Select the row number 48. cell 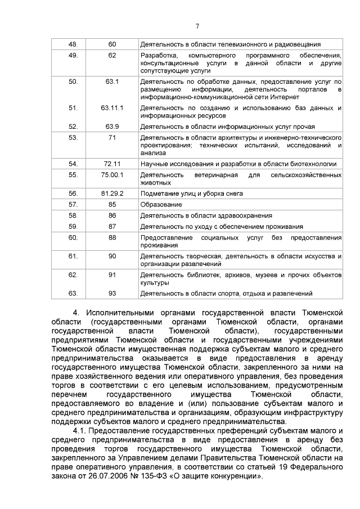pos(73,44)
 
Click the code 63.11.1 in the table pos(112,107)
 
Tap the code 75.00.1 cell pos(112,175)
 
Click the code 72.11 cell pos(112,164)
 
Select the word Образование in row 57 pos(160,204)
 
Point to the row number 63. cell pos(73,294)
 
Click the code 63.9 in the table pos(112,127)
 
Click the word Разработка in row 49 pos(159,55)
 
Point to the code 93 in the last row pos(112,294)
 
